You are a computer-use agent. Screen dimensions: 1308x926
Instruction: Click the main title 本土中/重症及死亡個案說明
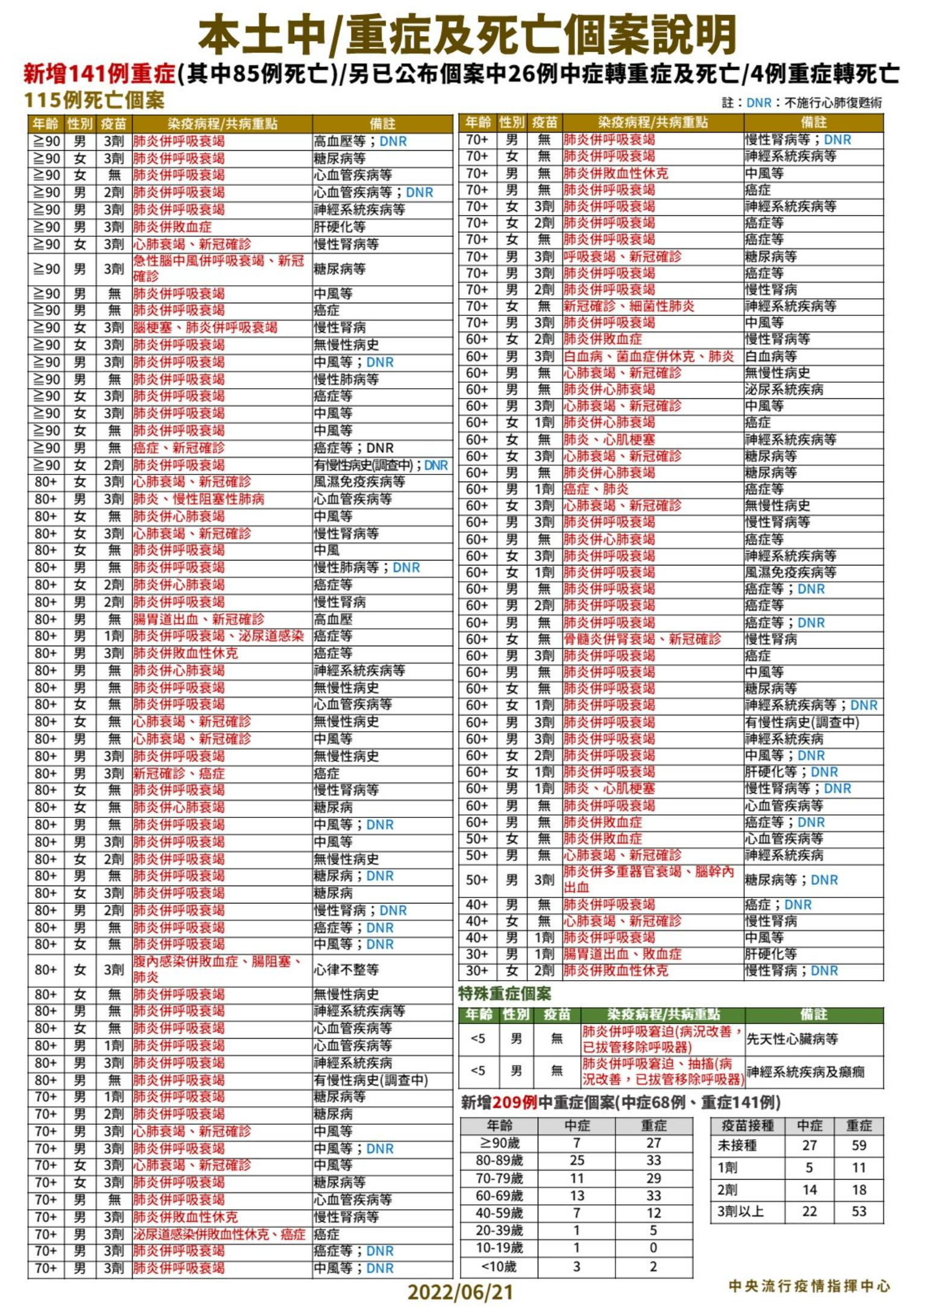(467, 35)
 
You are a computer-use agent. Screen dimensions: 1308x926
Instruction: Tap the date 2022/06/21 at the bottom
(459, 1292)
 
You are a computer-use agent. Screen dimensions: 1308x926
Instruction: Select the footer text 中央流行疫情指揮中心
(809, 1286)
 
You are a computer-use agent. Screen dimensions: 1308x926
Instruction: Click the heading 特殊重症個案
(504, 994)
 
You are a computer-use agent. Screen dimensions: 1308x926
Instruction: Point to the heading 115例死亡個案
(94, 100)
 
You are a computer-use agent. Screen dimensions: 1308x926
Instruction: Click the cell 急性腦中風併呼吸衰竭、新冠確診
(218, 268)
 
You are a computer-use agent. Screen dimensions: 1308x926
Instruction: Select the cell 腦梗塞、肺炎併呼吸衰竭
(205, 328)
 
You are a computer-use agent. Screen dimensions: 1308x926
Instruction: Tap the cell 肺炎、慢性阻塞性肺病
(198, 499)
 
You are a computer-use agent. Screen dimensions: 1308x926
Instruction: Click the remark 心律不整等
(346, 969)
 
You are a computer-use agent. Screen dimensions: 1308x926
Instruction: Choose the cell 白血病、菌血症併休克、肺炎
(649, 356)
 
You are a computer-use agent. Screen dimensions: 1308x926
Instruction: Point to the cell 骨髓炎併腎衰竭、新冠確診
(642, 639)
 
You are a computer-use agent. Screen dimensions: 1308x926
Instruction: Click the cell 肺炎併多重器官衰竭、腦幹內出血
(649, 879)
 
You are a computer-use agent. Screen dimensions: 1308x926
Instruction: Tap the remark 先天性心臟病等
(792, 1039)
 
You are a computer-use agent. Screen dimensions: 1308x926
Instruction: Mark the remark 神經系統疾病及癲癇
(805, 1071)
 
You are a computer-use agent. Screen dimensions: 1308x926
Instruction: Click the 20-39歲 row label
(499, 1230)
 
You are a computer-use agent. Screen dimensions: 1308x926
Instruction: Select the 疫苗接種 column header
(748, 1125)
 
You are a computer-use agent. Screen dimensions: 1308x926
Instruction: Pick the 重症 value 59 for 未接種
(858, 1145)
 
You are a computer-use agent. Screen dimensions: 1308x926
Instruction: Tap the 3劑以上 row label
(740, 1212)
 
